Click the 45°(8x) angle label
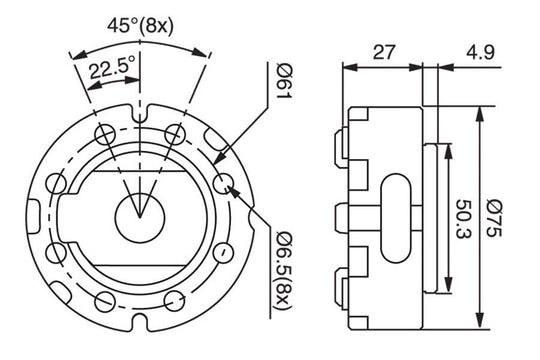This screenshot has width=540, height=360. [140, 26]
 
